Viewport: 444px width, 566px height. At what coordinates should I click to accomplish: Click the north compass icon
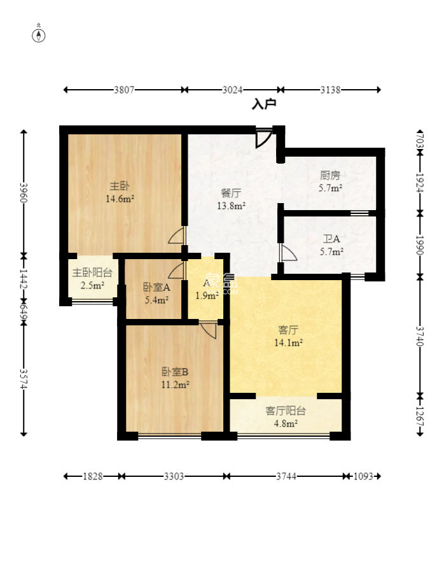tap(39, 34)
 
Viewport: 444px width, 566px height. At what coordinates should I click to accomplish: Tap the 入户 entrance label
tap(264, 104)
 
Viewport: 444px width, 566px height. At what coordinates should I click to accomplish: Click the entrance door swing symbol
tap(263, 138)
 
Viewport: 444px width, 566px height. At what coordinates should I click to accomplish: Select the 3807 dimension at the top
tap(124, 90)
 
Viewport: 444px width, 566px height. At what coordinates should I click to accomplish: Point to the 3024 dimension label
tap(232, 90)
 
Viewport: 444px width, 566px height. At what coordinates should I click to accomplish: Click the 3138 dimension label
tap(330, 90)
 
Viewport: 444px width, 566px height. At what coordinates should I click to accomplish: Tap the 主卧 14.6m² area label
tap(120, 192)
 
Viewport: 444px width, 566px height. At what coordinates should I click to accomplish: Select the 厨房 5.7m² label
tap(330, 181)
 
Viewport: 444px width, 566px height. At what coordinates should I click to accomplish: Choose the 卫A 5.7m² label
tap(331, 245)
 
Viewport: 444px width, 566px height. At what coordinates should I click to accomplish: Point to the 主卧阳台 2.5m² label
tap(92, 279)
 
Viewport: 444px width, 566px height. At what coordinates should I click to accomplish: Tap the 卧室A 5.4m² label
tap(157, 294)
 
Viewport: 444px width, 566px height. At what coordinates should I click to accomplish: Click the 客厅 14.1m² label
tap(288, 336)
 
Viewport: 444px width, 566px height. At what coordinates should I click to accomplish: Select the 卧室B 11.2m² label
tap(176, 378)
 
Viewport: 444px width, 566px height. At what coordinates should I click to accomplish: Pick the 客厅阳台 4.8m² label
tap(286, 417)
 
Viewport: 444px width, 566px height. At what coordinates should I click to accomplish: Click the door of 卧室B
tap(208, 329)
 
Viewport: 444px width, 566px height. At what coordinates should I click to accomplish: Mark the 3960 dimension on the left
tap(24, 192)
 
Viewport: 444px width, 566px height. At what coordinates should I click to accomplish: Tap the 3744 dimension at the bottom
tap(286, 476)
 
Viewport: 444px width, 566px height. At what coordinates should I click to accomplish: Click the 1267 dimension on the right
tap(420, 416)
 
